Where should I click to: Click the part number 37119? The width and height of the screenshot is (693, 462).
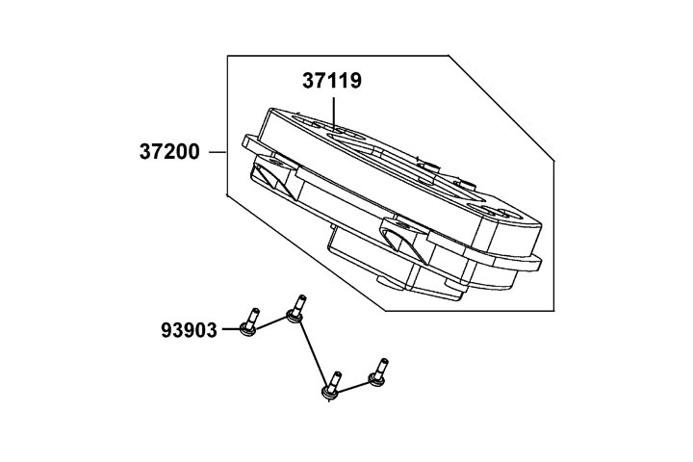[332, 81]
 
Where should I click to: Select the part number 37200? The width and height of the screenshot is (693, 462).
[169, 152]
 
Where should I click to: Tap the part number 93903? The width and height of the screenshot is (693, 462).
[190, 330]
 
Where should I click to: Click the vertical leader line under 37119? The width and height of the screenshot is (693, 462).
[333, 114]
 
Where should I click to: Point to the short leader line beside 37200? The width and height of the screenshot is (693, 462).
[218, 152]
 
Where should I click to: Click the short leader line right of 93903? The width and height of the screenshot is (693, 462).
[231, 329]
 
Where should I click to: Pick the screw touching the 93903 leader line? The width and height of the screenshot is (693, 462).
[249, 321]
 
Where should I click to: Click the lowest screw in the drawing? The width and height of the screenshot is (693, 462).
[331, 385]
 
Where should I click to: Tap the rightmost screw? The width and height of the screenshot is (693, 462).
[379, 372]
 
